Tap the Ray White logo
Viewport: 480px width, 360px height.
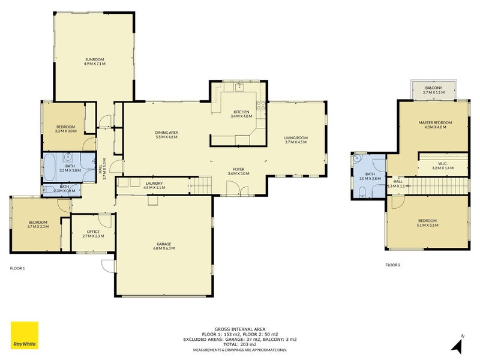[25, 335]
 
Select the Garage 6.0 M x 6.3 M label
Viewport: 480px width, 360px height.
[164, 246]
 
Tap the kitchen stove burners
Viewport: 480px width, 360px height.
[261, 106]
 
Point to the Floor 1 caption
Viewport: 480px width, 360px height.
[17, 268]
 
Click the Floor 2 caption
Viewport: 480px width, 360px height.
[393, 265]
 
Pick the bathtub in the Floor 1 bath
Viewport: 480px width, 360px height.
[50, 167]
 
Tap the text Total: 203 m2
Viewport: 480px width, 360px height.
[240, 344]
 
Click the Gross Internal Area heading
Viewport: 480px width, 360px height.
[240, 329]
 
